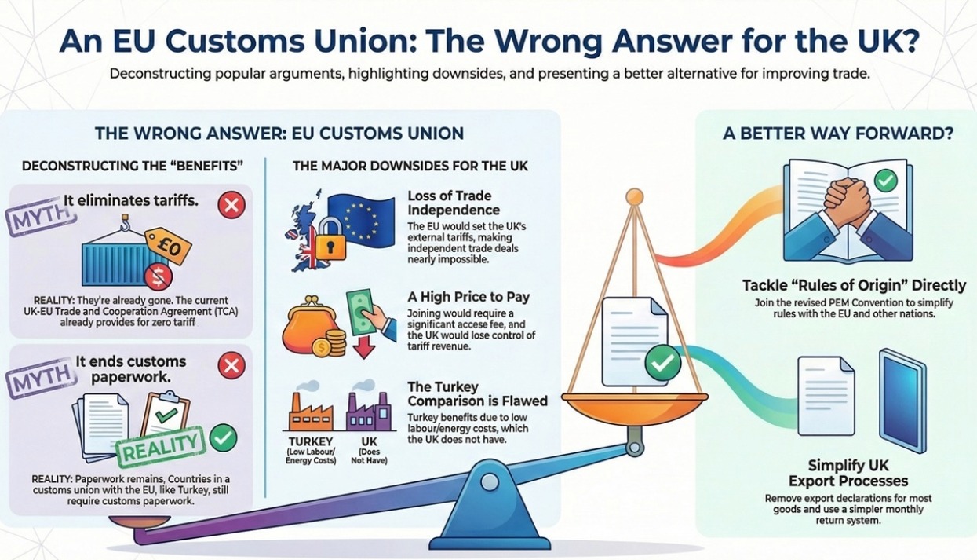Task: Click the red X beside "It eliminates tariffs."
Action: tap(231, 206)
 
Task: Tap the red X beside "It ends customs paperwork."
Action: tap(231, 364)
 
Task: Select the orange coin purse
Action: tap(305, 322)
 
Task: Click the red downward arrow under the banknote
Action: tap(364, 345)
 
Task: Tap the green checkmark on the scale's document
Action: tap(662, 362)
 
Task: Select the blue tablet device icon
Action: tap(902, 392)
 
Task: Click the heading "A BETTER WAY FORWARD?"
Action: tap(837, 134)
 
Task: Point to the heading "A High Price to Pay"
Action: tap(468, 297)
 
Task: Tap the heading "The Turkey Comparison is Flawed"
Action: tap(477, 393)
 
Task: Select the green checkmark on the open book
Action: tap(886, 181)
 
